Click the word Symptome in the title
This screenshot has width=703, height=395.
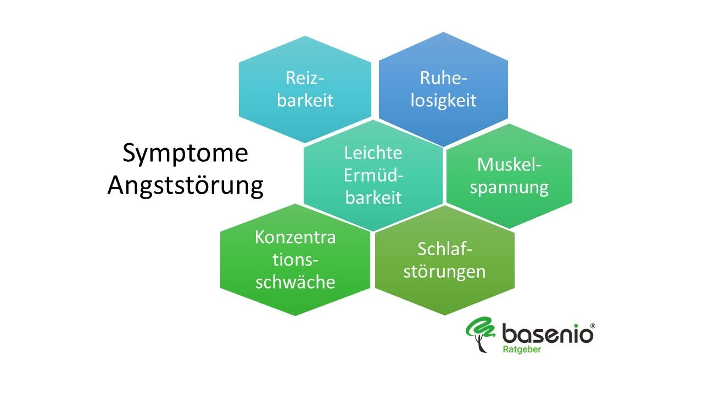[185, 154]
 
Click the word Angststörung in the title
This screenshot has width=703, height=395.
[185, 185]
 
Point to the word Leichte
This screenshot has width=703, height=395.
[373, 153]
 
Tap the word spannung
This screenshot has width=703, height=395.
[509, 187]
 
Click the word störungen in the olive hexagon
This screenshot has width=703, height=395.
[444, 271]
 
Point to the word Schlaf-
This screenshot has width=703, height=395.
[444, 249]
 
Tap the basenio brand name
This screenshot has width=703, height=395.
[547, 333]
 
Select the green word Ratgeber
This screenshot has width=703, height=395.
[522, 349]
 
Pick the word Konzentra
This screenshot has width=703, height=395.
[295, 237]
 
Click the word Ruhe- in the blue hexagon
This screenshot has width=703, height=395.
[443, 78]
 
